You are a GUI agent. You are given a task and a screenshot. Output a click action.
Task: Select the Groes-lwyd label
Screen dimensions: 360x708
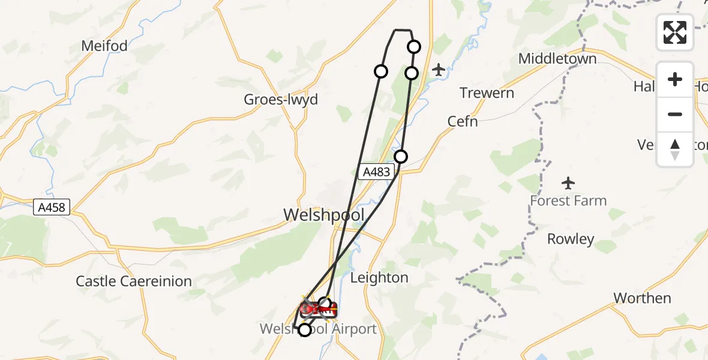click(x=281, y=100)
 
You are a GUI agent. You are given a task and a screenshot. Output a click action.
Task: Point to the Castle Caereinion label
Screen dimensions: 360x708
click(x=134, y=281)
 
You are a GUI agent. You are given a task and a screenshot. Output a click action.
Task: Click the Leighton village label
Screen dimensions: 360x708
click(x=379, y=278)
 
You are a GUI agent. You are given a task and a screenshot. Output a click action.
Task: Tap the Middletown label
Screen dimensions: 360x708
click(x=557, y=59)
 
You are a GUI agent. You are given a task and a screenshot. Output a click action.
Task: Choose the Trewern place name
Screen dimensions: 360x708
click(x=487, y=93)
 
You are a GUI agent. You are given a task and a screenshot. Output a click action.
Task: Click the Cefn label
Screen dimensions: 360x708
click(x=463, y=121)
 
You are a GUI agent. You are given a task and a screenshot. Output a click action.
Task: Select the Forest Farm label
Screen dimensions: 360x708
click(x=568, y=201)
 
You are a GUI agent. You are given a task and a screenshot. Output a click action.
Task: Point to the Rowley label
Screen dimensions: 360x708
click(x=571, y=239)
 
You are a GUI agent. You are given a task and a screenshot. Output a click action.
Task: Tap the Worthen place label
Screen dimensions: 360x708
click(x=642, y=298)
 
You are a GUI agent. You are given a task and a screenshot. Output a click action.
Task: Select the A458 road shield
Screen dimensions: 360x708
click(x=53, y=208)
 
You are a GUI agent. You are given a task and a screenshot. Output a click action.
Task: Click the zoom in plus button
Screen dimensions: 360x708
click(x=675, y=79)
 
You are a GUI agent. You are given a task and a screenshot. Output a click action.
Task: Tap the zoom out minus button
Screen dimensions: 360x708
click(x=675, y=114)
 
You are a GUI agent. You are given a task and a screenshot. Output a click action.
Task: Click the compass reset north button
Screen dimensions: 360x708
click(x=675, y=149)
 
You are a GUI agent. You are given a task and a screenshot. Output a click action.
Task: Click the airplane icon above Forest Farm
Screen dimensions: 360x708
click(x=568, y=182)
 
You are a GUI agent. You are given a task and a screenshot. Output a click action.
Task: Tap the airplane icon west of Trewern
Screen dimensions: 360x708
click(x=439, y=70)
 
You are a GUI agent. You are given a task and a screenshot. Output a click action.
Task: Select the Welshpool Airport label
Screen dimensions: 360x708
click(x=318, y=329)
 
